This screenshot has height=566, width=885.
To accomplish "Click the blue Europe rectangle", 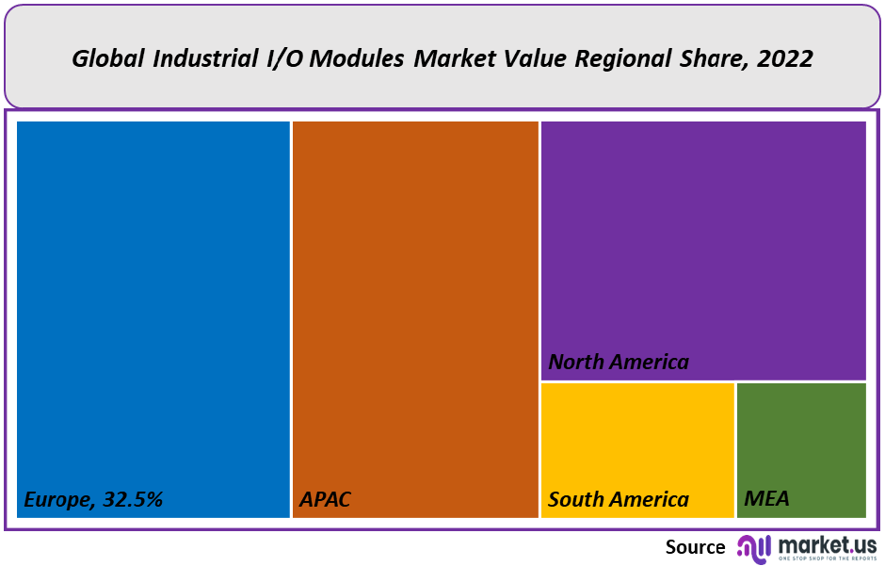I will (x=153, y=301).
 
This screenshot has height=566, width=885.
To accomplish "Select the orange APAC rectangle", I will (x=414, y=301).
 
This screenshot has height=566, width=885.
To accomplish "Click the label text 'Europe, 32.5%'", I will (x=93, y=499).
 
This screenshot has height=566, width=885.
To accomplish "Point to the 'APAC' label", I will (x=325, y=499).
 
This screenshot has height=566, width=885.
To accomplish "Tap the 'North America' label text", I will (x=619, y=362).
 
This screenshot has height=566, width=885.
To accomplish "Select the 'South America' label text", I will (x=619, y=499).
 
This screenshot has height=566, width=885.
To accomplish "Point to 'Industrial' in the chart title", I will (x=202, y=58).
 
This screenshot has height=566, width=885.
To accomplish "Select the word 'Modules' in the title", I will (x=360, y=58).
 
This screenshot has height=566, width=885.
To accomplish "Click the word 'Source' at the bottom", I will (x=695, y=547).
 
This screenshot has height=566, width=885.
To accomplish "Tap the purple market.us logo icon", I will (x=754, y=547).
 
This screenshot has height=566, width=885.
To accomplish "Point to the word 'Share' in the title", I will (x=708, y=58).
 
